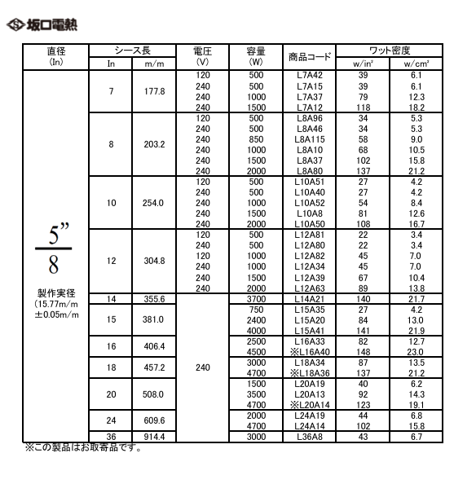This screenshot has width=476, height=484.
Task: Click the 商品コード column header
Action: click(310, 56)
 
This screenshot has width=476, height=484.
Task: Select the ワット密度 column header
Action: click(390, 50)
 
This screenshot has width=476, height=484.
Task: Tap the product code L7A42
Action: click(310, 75)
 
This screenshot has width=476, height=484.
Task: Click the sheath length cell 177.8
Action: click(155, 91)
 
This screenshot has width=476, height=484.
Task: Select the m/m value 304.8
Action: click(155, 261)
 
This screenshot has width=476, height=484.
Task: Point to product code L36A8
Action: click(310, 437)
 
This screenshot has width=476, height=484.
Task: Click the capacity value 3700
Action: click(256, 299)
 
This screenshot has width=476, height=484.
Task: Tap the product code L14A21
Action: click(310, 299)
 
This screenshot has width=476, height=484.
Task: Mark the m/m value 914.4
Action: click(155, 437)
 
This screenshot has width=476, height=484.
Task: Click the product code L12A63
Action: click(310, 288)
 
